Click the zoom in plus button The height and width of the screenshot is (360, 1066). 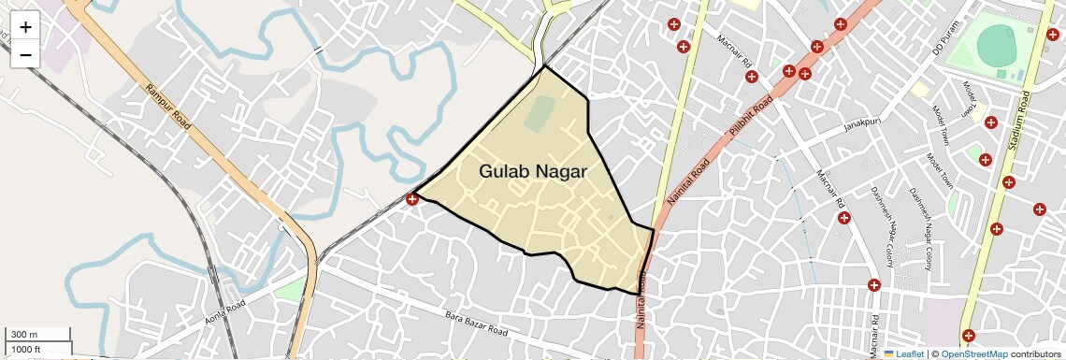coord(25,26)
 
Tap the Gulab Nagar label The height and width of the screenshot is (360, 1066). coord(533,172)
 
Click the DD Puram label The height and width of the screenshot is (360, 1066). coord(946,37)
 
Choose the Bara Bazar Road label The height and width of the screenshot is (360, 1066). coord(476,324)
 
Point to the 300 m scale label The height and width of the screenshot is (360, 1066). coord(24,335)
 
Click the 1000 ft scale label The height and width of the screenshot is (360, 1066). coord(26,349)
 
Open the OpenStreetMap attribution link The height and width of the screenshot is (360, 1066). coord(973,354)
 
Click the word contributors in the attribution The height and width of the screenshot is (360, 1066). coord(1036,354)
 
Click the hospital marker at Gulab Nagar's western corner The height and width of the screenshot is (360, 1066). coord(412,198)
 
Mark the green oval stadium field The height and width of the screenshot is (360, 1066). coord(997,45)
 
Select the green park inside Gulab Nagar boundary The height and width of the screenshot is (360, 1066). coord(538,115)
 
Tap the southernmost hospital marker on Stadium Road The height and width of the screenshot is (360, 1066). coord(969,335)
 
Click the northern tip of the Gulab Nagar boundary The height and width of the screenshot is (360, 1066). coord(543,65)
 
